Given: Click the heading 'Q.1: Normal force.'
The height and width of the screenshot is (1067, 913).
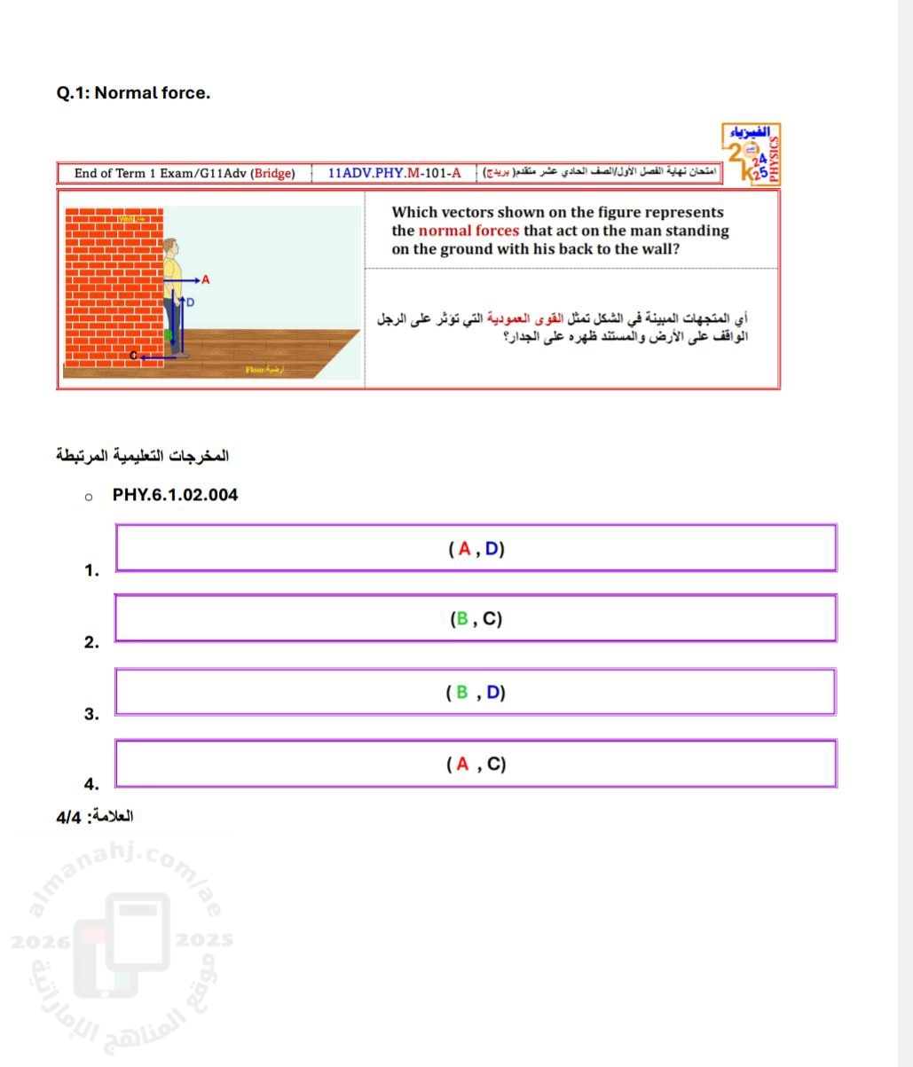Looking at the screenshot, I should pos(133,92).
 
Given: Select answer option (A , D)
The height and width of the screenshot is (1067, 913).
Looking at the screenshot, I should pos(476,549).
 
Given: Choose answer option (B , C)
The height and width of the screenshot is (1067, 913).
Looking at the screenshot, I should pos(476,619).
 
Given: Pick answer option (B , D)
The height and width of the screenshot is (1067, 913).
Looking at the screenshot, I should pos(476,693).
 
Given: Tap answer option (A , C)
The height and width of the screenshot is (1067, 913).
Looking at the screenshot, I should pos(476,764).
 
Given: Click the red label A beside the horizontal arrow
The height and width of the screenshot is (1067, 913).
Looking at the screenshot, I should pos(206,279).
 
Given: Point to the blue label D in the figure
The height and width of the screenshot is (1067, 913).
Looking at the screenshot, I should pos(190,302).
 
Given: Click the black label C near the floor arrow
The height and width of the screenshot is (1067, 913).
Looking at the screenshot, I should pos(134,356).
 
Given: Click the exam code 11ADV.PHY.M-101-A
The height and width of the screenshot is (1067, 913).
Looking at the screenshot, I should pos(394,173).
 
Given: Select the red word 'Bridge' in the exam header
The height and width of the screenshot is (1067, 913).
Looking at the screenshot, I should pos(272,173).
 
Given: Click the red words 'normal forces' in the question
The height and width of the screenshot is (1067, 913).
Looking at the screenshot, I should pos(468,231).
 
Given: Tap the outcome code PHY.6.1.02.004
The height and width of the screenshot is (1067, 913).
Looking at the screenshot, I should pos(175,495).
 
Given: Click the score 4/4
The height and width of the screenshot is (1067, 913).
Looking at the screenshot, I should pos(68,816).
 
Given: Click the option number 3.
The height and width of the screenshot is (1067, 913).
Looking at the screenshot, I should pos(91,713).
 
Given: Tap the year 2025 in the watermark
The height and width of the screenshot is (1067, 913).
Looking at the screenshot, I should pos(204,939).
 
